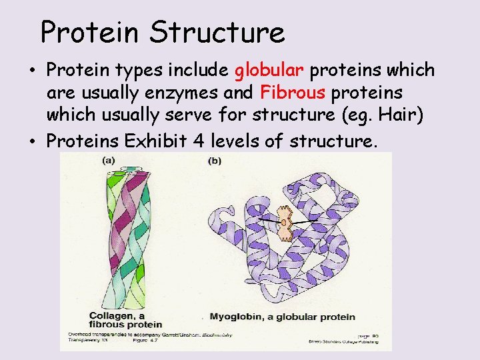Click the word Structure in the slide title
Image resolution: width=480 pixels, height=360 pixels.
point(217,32)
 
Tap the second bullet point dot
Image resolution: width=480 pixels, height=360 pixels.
point(33,141)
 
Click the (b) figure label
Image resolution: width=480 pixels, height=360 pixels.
point(215,161)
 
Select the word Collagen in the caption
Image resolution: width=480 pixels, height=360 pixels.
point(91,315)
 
